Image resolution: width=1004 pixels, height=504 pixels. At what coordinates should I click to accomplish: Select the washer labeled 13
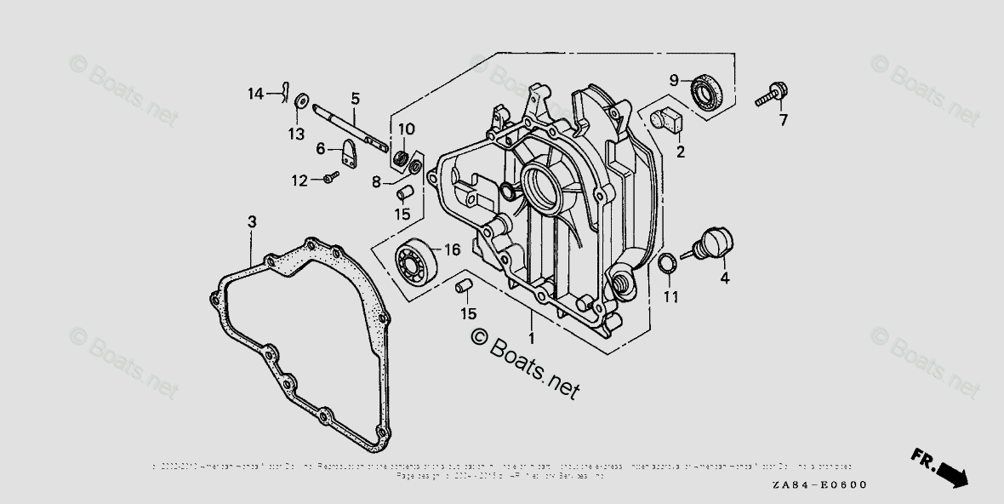[x=300, y=104]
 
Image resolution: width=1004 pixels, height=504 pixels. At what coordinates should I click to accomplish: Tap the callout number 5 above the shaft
[x=355, y=99]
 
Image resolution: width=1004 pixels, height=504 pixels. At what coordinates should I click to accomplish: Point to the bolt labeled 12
[x=330, y=177]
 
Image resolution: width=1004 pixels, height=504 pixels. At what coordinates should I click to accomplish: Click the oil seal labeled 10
[x=400, y=158]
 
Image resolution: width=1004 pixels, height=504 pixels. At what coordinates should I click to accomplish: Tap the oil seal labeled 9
[x=705, y=90]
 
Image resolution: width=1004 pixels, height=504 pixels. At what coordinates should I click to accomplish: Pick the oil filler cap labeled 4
[x=712, y=243]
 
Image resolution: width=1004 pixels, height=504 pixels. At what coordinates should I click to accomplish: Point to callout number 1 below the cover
[x=532, y=338]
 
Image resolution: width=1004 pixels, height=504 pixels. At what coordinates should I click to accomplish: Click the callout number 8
[x=376, y=181]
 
